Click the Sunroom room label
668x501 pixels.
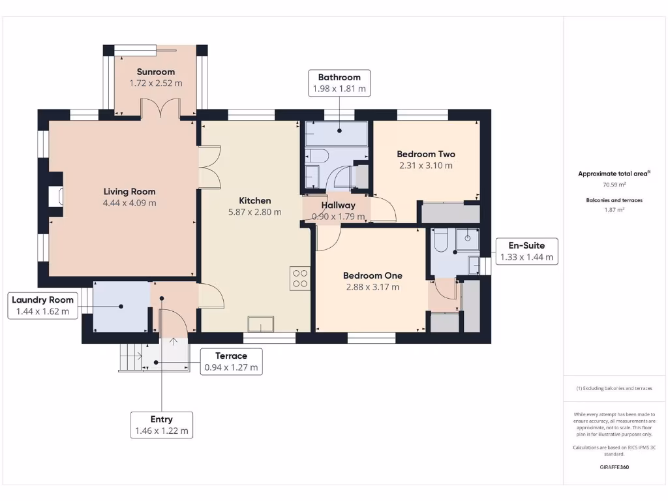(x=155, y=72)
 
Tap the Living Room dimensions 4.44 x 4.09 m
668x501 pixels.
(x=129, y=203)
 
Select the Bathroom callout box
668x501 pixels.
(x=339, y=83)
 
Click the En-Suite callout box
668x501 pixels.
(x=526, y=251)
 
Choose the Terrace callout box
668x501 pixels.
(x=231, y=361)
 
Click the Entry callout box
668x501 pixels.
(x=162, y=425)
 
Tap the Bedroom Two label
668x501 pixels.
(x=426, y=154)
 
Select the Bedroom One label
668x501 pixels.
(x=372, y=275)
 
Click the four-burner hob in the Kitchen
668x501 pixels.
(x=300, y=279)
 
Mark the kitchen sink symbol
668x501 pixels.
(x=261, y=324)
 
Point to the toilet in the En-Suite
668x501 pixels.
(x=440, y=241)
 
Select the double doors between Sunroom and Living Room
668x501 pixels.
(x=160, y=109)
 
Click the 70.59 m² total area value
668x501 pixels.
(x=613, y=185)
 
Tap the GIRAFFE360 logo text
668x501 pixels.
(x=613, y=467)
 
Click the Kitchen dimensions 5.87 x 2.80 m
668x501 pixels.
(x=254, y=212)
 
